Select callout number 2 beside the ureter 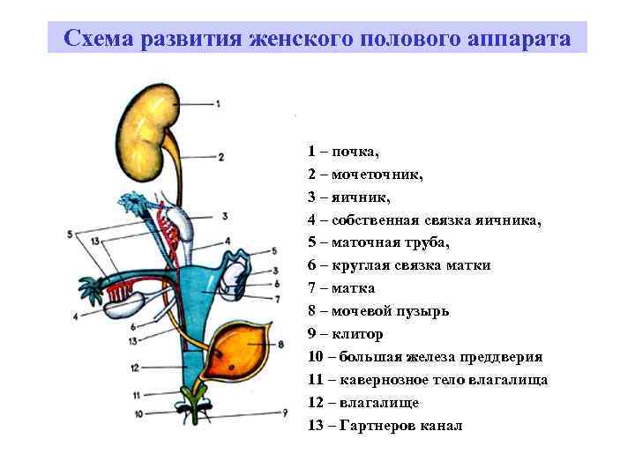pyautogui.click(x=220, y=158)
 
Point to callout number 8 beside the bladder pyautogui.click(x=281, y=344)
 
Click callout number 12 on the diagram pyautogui.click(x=134, y=367)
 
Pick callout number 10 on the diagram pyautogui.click(x=138, y=412)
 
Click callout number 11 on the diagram pyautogui.click(x=137, y=395)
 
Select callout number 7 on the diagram pyautogui.click(x=278, y=299)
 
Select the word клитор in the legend pyautogui.click(x=359, y=334)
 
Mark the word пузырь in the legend pyautogui.click(x=422, y=311)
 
